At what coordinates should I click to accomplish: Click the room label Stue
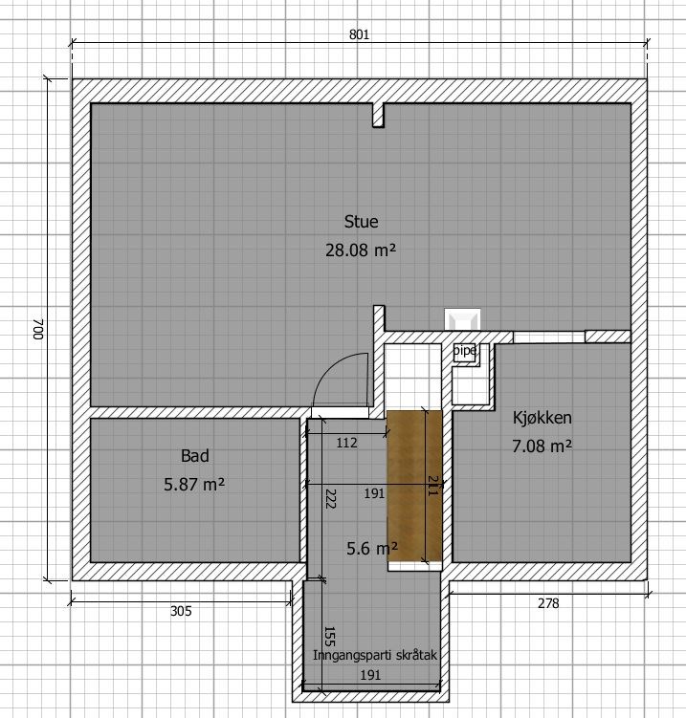coord(361,222)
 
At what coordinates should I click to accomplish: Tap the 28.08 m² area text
coord(361,250)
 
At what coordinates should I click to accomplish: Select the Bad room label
coord(195,456)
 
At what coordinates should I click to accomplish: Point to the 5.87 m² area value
coord(194,485)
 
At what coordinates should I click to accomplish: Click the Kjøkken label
coord(542,418)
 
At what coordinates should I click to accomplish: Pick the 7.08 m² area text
coord(542,446)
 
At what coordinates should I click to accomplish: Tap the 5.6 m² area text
coord(372,548)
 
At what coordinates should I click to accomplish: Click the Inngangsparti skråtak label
coord(375,655)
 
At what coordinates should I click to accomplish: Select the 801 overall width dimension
coord(359,34)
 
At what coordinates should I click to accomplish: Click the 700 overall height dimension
coord(37,329)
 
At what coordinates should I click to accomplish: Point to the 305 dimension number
coord(181,611)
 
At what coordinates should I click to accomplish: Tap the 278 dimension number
coord(548,603)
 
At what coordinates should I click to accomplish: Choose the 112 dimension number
coord(346,443)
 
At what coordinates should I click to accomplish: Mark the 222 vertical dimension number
coord(330,499)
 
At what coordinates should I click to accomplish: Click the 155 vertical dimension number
coord(329,637)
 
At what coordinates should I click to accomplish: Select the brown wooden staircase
coord(414,486)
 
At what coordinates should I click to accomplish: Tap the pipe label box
coord(465,352)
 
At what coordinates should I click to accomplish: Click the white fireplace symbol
coord(462,319)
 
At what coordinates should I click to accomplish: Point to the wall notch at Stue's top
coord(378,115)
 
